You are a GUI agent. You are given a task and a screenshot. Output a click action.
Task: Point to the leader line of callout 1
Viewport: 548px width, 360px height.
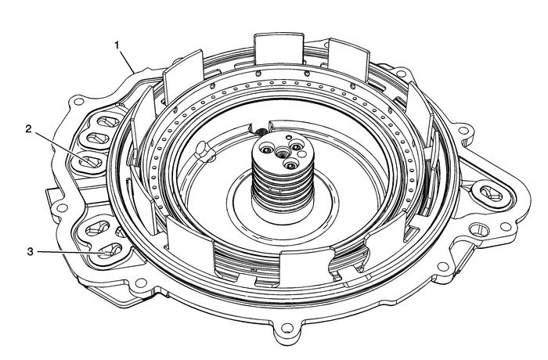(x=130, y=63)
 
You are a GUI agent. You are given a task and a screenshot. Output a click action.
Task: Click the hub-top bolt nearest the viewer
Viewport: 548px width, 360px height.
(x=289, y=165)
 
